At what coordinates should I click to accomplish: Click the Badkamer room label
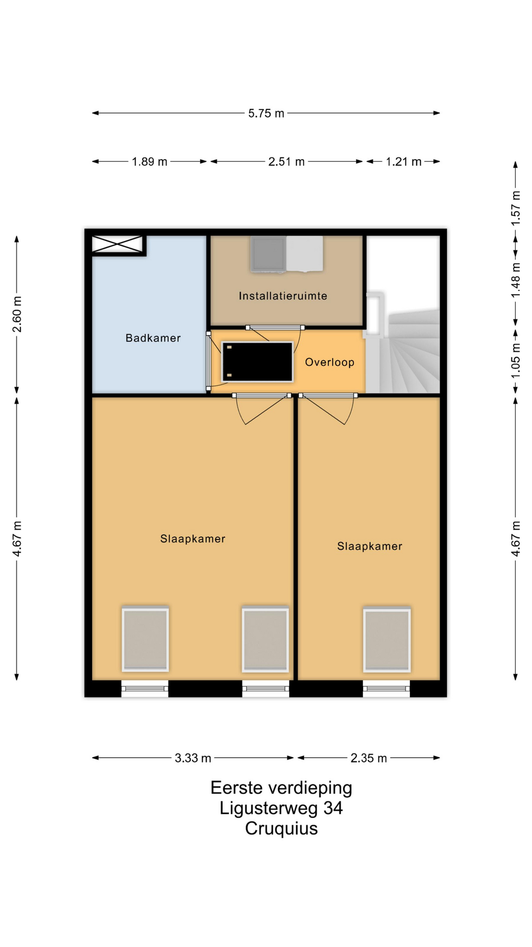153,338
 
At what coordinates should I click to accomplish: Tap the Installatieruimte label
283,296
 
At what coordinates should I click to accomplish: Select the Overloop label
330,363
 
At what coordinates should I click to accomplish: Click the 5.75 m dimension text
266,113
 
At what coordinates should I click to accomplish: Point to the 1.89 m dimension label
149,162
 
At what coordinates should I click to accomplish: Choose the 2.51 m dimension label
286,162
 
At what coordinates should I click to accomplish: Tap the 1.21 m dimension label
403,162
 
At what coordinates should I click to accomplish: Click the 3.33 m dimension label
193,758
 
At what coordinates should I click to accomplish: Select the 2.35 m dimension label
368,758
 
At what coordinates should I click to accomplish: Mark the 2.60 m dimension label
17,315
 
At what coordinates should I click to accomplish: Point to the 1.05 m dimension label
515,361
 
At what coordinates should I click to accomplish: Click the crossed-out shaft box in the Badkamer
117,244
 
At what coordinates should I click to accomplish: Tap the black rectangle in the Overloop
257,362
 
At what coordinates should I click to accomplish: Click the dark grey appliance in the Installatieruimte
268,254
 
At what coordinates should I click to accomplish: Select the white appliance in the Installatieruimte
305,254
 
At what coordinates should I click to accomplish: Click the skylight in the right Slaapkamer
387,640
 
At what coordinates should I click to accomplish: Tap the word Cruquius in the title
281,829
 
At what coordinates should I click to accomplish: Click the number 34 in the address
333,808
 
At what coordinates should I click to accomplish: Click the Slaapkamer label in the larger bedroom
193,539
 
